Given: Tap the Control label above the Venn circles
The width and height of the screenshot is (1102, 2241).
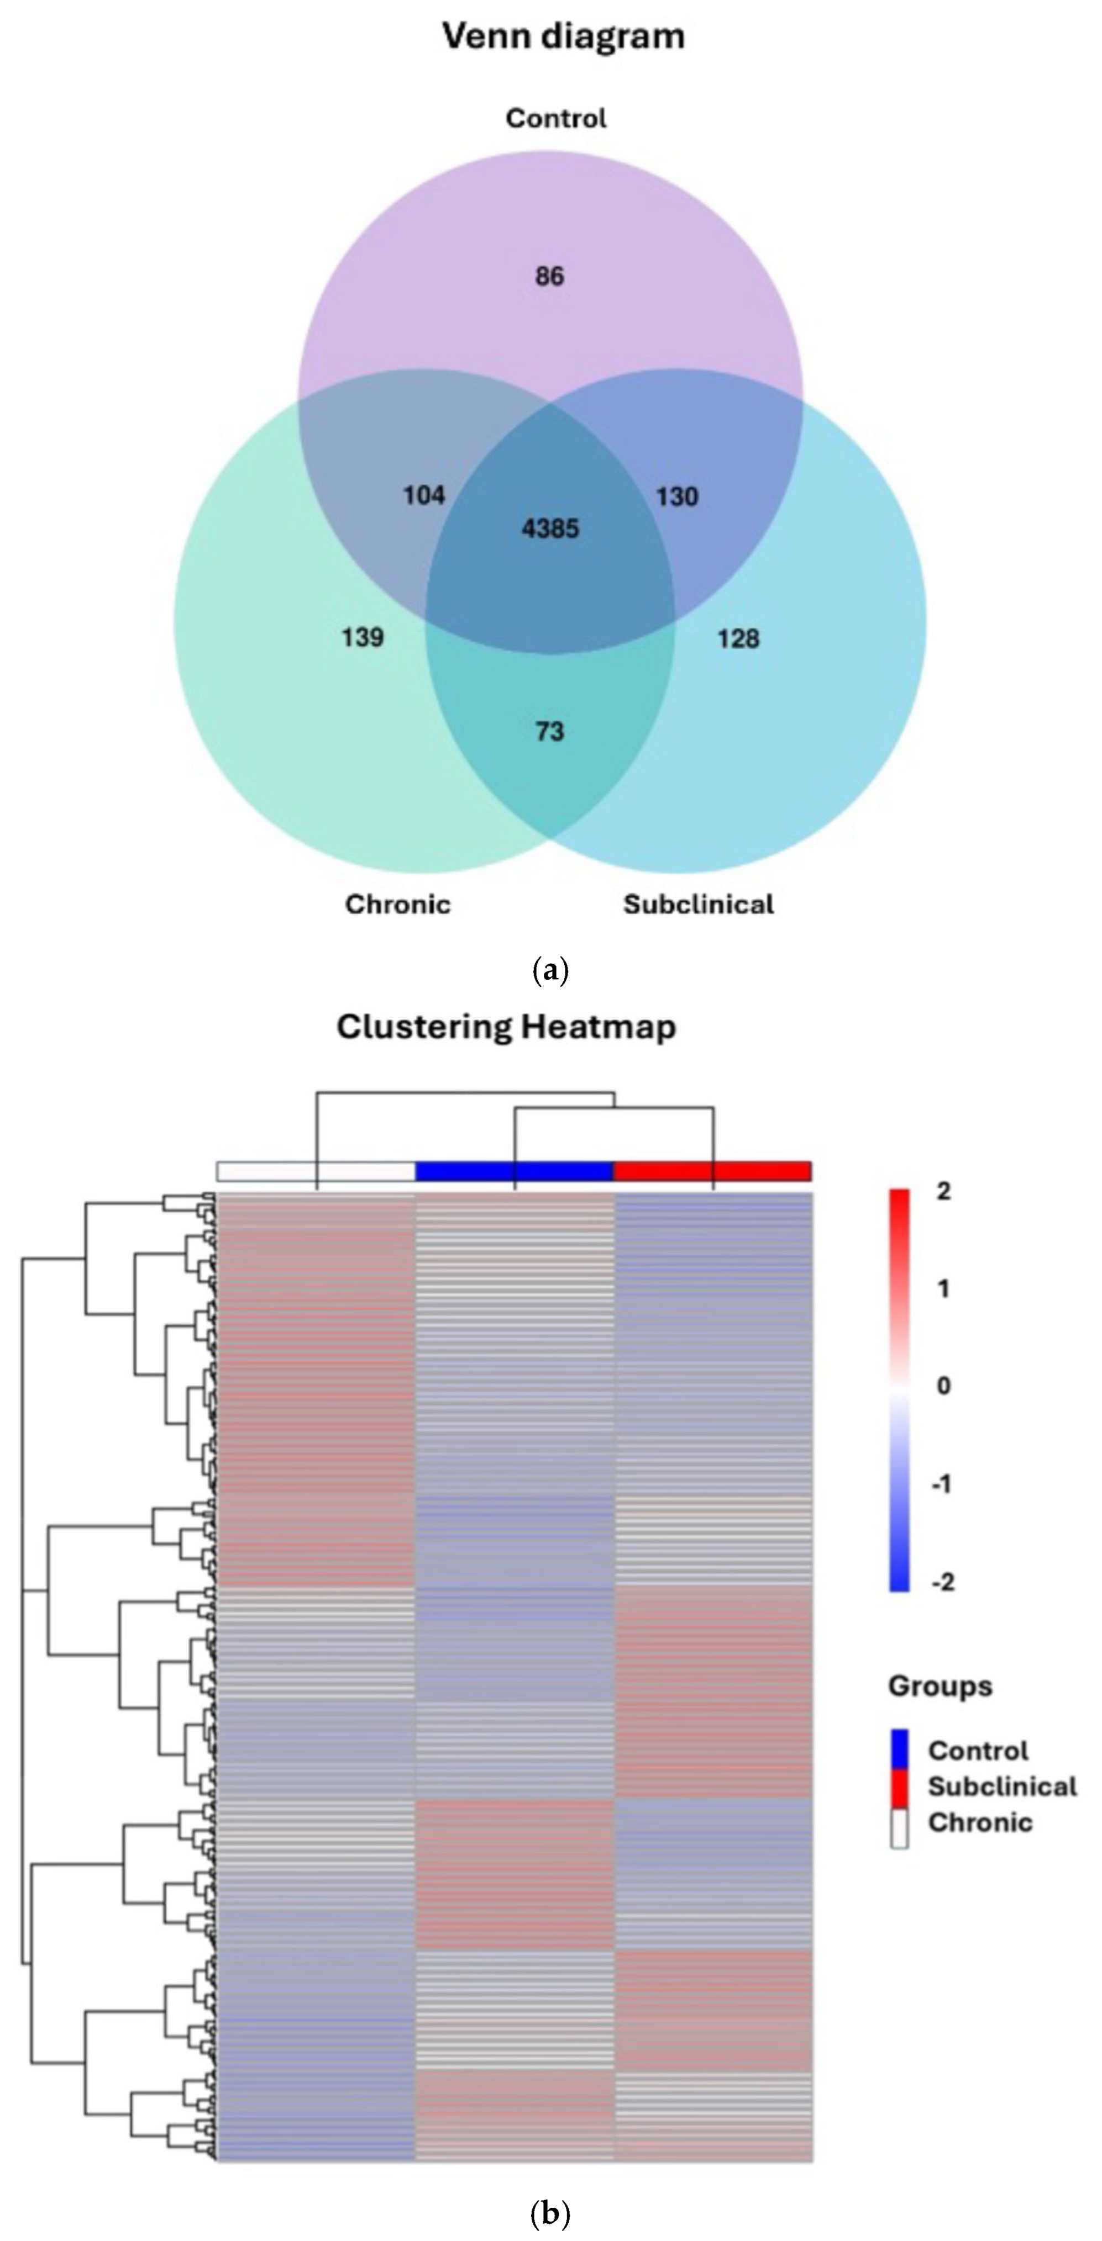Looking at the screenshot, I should pos(555,118).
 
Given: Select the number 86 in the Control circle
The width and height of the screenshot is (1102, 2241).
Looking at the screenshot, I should pos(549,277).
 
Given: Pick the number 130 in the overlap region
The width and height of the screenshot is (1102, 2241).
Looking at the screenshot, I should pos(676,497).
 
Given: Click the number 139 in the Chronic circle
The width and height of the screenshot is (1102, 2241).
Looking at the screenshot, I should pos(362,638).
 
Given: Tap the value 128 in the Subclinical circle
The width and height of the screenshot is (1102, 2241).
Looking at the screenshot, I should pos(738,639).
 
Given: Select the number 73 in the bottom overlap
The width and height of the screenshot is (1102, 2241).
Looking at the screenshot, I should pos(549,732).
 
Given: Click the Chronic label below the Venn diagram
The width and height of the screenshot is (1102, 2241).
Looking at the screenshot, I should pos(398,905).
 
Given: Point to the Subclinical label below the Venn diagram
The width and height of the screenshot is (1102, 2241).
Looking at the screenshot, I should pos(698,905).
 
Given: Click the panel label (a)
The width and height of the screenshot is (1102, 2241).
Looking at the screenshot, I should pos(550,971).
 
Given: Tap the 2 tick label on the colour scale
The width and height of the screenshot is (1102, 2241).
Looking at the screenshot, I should pos(943,1191).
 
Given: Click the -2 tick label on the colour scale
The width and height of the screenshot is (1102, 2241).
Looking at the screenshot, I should pos(942,1582).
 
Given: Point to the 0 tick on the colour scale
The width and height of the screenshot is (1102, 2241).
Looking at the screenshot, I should pos(943,1386).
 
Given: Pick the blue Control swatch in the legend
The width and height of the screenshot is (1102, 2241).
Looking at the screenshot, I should pos(900,1750).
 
